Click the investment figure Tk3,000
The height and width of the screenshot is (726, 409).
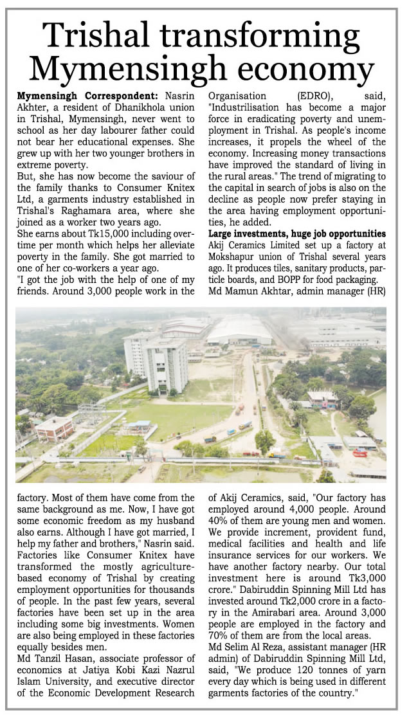click(x=358, y=570)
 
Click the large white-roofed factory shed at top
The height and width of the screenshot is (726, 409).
click(x=240, y=329)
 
